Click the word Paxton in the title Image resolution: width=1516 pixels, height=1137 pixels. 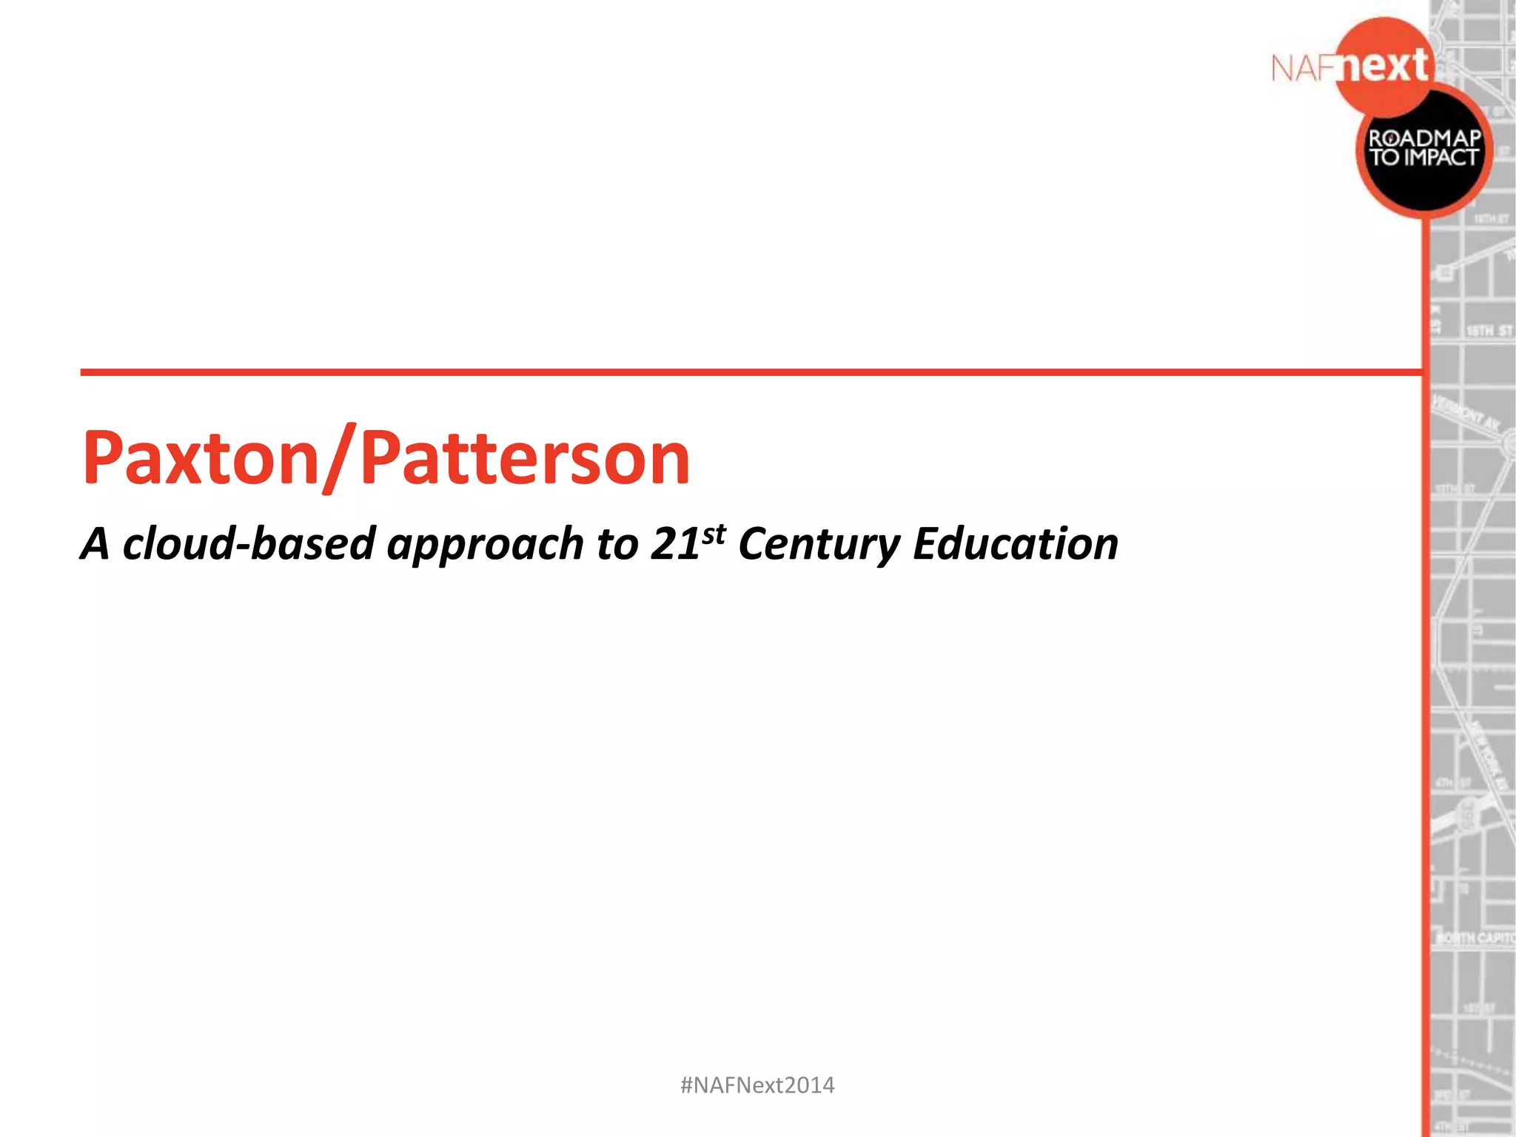pyautogui.click(x=200, y=459)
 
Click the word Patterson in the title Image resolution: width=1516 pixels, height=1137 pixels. pyautogui.click(x=526, y=459)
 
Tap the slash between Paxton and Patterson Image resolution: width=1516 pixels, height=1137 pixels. pyautogui.click(x=340, y=459)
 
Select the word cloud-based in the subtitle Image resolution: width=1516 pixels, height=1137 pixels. pyautogui.click(x=249, y=544)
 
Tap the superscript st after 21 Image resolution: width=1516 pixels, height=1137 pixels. pyautogui.click(x=714, y=533)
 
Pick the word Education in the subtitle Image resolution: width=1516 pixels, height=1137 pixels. pyautogui.click(x=1015, y=544)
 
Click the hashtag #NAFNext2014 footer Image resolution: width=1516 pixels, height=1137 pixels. pyautogui.click(x=757, y=1085)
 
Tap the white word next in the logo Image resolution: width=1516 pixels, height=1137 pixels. pyautogui.click(x=1385, y=67)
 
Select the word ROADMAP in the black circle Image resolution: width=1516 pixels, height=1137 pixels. pyautogui.click(x=1424, y=138)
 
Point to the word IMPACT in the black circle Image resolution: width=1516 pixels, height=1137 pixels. pyautogui.click(x=1440, y=158)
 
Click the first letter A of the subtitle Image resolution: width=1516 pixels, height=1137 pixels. pyautogui.click(x=95, y=544)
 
